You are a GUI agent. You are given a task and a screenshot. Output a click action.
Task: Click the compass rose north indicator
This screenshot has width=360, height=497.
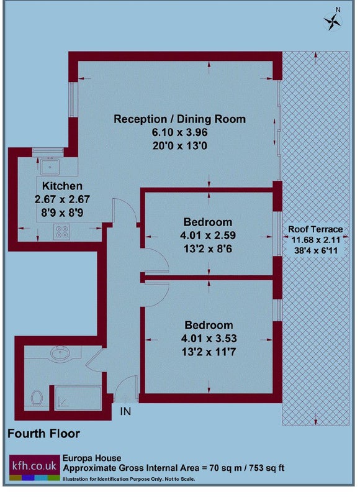click(x=333, y=21)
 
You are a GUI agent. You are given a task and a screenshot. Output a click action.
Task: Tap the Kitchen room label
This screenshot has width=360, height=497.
click(x=62, y=186)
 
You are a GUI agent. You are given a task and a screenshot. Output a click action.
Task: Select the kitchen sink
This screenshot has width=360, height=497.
click(x=50, y=166)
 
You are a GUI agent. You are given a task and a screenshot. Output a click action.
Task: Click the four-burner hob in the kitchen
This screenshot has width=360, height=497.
click(x=61, y=232)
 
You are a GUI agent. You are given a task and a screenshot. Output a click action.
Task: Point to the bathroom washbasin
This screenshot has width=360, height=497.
click(x=60, y=353)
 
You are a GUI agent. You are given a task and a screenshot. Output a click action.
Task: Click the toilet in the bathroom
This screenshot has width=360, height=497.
click(x=37, y=398)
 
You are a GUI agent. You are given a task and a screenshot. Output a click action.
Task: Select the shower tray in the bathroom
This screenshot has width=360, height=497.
click(x=78, y=398)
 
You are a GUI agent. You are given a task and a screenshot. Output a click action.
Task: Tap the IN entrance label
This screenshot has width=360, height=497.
click(x=126, y=411)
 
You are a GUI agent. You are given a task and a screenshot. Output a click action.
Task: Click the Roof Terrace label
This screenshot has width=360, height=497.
click(x=315, y=229)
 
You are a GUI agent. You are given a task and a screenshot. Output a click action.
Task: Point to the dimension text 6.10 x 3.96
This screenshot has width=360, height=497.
click(x=180, y=132)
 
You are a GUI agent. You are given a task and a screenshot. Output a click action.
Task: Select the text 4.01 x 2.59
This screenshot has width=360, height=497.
click(x=208, y=235)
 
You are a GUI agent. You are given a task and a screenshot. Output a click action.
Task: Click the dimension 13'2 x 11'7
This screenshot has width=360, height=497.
click(x=209, y=352)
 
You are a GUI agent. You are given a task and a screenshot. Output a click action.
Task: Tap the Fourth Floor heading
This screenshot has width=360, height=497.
click(x=43, y=434)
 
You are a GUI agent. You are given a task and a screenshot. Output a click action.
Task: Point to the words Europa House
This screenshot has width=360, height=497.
click(x=92, y=458)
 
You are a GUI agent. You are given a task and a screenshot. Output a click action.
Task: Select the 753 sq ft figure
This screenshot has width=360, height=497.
click(x=267, y=468)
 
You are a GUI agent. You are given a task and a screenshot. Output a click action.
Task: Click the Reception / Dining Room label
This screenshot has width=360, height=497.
click(x=180, y=119)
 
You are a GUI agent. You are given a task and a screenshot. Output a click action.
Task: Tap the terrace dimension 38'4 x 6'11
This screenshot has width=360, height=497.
click(x=316, y=250)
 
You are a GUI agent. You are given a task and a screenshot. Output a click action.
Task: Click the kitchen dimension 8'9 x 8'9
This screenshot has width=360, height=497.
click(x=62, y=212)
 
